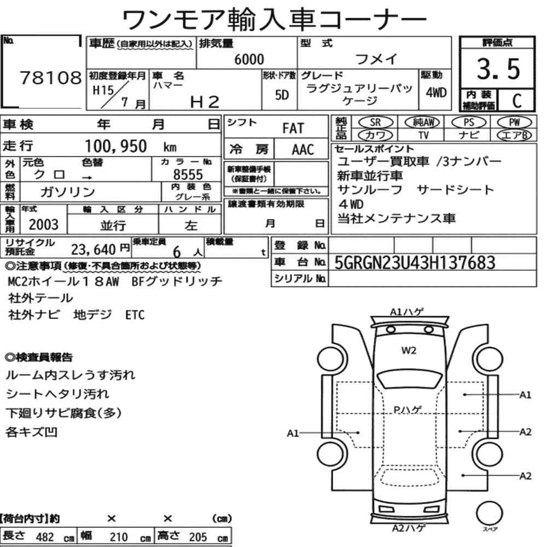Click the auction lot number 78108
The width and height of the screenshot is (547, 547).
click(50, 78)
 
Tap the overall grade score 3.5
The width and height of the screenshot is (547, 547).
click(498, 69)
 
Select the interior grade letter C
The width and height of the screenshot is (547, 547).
click(517, 101)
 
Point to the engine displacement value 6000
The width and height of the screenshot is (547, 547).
click(249, 59)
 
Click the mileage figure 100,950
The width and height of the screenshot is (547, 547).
click(116, 146)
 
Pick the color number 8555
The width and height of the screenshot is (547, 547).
click(188, 174)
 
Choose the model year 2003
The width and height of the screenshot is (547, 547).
click(44, 225)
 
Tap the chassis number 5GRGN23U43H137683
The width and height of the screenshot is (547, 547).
click(415, 263)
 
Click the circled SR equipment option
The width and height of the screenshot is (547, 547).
click(376, 122)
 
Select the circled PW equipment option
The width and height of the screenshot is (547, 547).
click(514, 122)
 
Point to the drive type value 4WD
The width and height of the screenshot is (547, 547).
click(436, 92)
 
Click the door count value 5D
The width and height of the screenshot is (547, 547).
click(282, 95)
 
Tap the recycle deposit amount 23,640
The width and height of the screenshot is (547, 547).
click(94, 249)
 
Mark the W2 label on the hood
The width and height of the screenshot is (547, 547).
click(409, 350)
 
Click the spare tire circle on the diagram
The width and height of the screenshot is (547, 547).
click(489, 513)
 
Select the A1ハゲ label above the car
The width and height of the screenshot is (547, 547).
click(407, 312)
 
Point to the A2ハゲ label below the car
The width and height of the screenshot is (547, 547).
click(409, 528)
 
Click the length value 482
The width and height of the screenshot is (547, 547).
click(45, 537)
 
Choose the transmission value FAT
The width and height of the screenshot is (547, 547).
click(293, 129)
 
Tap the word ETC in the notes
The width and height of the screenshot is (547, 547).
click(135, 315)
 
